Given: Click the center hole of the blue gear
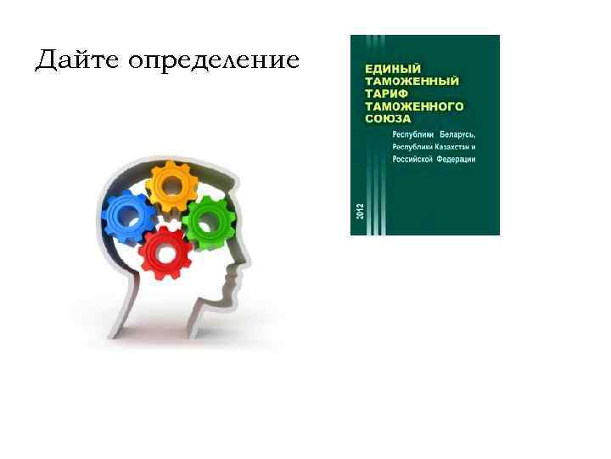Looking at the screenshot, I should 129,218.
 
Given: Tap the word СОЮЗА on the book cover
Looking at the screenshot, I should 388,120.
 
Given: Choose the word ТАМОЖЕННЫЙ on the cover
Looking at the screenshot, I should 412,81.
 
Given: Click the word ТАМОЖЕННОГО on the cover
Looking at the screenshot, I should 414,107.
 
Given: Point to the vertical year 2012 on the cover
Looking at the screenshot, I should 359,213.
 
